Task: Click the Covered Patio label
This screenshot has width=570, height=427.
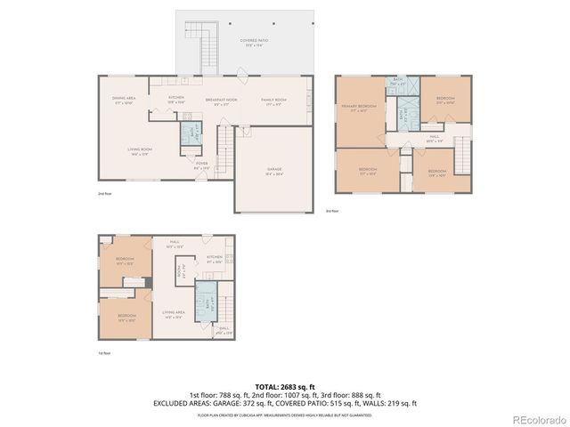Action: tap(254, 43)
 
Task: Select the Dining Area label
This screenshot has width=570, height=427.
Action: tap(124, 101)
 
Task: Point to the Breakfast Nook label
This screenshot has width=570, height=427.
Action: tap(221, 101)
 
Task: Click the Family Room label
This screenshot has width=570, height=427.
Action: tap(273, 101)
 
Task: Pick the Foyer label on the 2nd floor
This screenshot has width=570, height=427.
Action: tap(201, 165)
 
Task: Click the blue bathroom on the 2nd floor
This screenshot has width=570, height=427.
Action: tap(191, 133)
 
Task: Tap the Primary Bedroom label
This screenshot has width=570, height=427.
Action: tap(359, 108)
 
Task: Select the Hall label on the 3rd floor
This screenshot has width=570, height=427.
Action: tap(434, 140)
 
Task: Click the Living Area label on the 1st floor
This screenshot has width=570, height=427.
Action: tap(173, 314)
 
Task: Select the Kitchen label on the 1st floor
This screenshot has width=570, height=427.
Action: tap(215, 260)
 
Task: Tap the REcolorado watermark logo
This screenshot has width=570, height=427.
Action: tap(534, 419)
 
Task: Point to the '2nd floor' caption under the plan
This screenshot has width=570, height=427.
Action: tap(105, 193)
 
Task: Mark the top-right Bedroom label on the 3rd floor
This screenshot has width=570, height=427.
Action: tap(445, 101)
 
